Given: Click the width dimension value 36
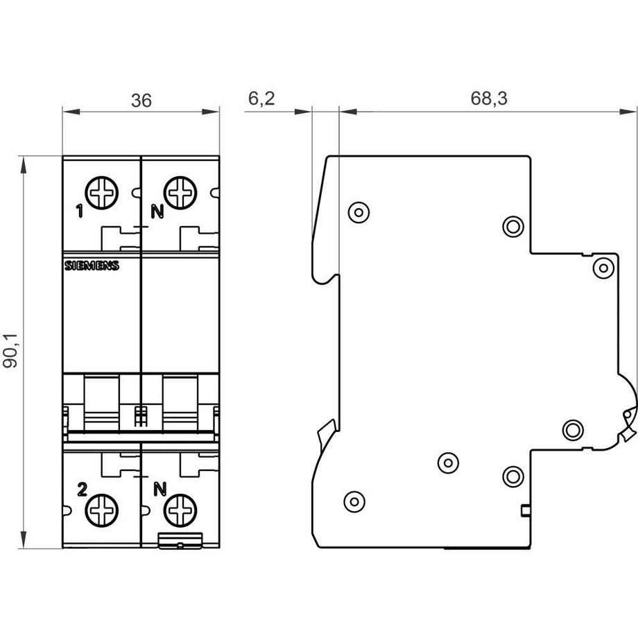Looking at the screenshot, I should pyautogui.click(x=141, y=101).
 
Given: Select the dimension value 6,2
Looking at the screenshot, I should pyautogui.click(x=261, y=99).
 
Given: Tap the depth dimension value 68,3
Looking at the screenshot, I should pyautogui.click(x=489, y=99).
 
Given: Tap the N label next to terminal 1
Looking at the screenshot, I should pyautogui.click(x=158, y=212).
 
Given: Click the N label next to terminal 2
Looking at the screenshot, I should pyautogui.click(x=159, y=490).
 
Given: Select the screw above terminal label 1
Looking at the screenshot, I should pyautogui.click(x=102, y=191).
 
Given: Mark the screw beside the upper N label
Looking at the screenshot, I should pyautogui.click(x=180, y=191).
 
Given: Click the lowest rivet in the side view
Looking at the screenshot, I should pyautogui.click(x=354, y=500).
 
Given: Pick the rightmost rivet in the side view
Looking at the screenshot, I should pyautogui.click(x=603, y=267).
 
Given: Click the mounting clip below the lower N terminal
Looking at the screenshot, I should pyautogui.click(x=180, y=541).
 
